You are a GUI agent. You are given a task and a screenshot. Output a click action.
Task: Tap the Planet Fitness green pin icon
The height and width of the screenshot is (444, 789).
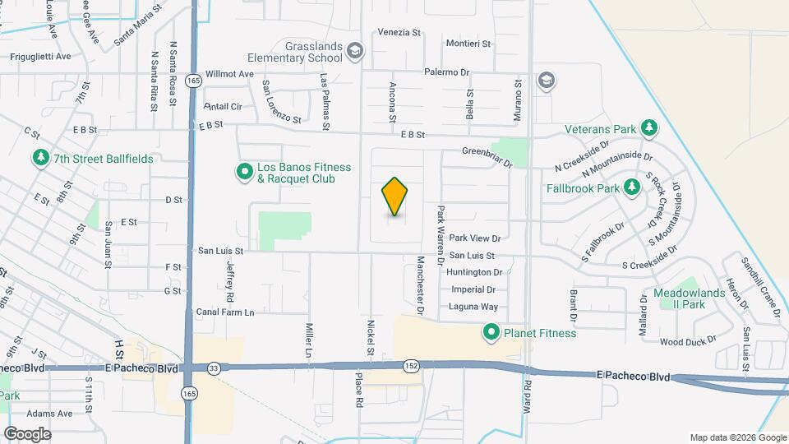point(491,332)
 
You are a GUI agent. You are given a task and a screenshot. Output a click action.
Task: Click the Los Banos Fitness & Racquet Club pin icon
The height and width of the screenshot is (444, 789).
point(244,172)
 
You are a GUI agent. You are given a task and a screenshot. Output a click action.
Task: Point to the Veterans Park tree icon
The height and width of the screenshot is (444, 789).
point(648,128)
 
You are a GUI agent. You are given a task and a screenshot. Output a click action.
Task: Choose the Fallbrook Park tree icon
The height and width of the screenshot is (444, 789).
point(631,187)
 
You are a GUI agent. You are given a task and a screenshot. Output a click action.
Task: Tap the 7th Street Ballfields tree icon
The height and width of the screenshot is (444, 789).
point(39,156)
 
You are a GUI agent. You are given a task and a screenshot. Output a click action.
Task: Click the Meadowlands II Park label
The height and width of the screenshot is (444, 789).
point(691,298)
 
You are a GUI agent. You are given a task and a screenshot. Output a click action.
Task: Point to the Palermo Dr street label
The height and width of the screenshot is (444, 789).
point(447,72)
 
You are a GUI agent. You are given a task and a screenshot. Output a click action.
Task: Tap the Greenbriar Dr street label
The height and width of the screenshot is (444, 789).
point(487,151)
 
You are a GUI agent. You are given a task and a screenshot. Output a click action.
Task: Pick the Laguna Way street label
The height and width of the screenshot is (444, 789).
point(473,307)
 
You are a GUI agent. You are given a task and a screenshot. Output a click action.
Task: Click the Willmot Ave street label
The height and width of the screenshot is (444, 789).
point(229,74)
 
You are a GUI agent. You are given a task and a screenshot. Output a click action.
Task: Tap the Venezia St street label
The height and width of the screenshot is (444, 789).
point(399,33)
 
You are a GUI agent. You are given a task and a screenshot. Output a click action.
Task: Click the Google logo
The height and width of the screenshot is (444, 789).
point(27,433)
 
